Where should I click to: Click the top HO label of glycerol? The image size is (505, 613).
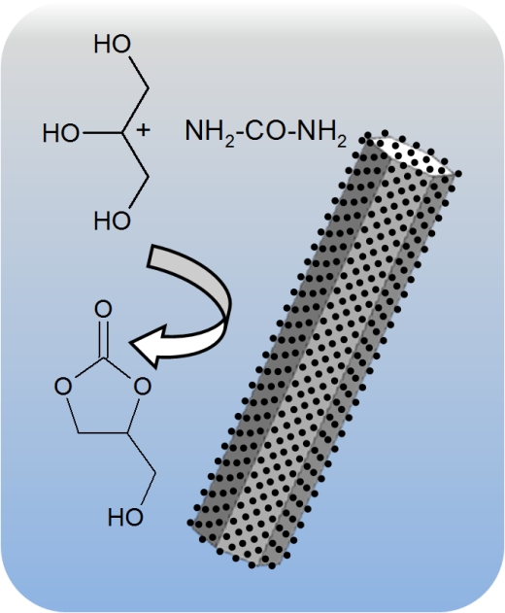(113, 44)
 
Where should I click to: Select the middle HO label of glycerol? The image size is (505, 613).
(61, 133)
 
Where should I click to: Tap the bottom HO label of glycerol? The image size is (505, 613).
(113, 221)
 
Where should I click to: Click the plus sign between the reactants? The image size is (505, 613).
(143, 130)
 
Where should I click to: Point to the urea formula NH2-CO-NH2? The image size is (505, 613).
(266, 132)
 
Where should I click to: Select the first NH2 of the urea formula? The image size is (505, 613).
(210, 133)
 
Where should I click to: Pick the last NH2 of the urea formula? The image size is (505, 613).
(321, 133)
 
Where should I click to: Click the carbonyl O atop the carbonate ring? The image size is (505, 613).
(103, 309)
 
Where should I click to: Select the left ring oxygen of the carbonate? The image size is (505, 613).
(63, 387)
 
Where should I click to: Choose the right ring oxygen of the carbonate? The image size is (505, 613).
(143, 387)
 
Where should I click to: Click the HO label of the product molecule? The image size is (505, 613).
(125, 517)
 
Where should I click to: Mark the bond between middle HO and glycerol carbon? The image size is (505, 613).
(102, 133)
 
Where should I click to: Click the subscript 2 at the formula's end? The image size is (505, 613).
(342, 142)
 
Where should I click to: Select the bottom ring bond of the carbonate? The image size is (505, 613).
(103, 433)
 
